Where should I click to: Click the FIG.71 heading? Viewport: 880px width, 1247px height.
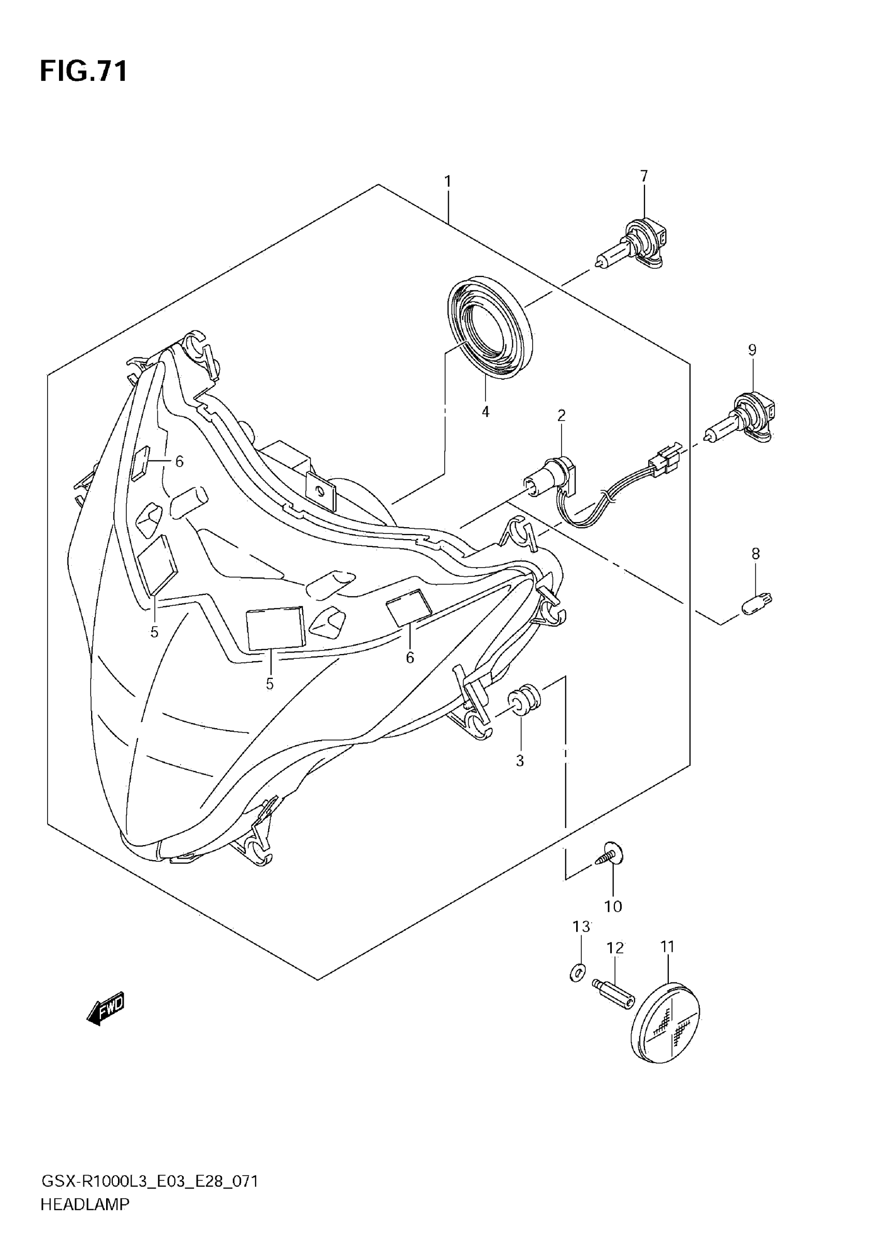84,71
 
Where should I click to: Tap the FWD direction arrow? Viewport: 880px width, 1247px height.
106,1009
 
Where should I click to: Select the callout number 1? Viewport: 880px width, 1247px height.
448,181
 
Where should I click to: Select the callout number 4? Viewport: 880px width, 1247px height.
486,412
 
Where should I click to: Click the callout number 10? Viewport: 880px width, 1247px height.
613,906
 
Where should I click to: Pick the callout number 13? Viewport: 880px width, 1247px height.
581,926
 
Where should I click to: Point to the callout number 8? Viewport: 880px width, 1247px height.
756,554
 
